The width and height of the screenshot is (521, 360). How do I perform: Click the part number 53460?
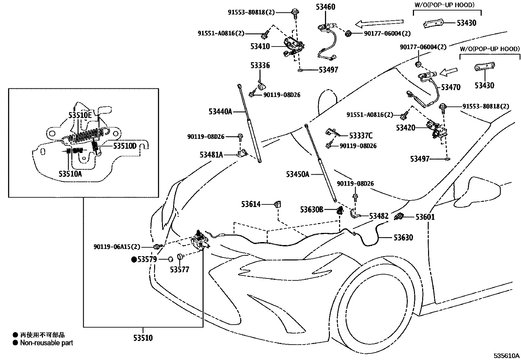pos(325,7)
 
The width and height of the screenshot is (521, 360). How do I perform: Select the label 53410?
pos(260,46)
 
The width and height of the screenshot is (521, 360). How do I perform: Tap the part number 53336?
pos(260,66)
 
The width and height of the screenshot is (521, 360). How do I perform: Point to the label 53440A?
pos(220,112)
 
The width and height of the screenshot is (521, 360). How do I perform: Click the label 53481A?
pos(211,155)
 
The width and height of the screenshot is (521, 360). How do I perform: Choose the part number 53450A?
pos(297,174)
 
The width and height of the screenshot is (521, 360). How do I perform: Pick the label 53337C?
pos(361,136)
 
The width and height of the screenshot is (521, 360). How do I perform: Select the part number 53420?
pos(405,128)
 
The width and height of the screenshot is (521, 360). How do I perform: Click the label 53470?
pos(451,87)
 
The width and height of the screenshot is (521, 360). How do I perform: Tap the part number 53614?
pos(251,204)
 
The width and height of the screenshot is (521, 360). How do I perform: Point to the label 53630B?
pos(312,210)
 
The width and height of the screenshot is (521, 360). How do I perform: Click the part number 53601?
pos(425,217)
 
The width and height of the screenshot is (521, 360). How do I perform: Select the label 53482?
pos(379,216)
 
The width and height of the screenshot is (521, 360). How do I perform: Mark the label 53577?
pos(180,269)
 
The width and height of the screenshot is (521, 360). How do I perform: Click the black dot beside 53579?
pos(134,259)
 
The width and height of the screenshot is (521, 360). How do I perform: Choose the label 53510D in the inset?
pos(125,146)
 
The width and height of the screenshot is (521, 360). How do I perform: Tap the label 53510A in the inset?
pos(70,174)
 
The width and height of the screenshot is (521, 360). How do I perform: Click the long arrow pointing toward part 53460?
pos(379,23)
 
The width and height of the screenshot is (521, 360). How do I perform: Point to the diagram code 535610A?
pos(507,355)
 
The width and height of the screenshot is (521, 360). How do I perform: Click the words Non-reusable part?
pos(46,343)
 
